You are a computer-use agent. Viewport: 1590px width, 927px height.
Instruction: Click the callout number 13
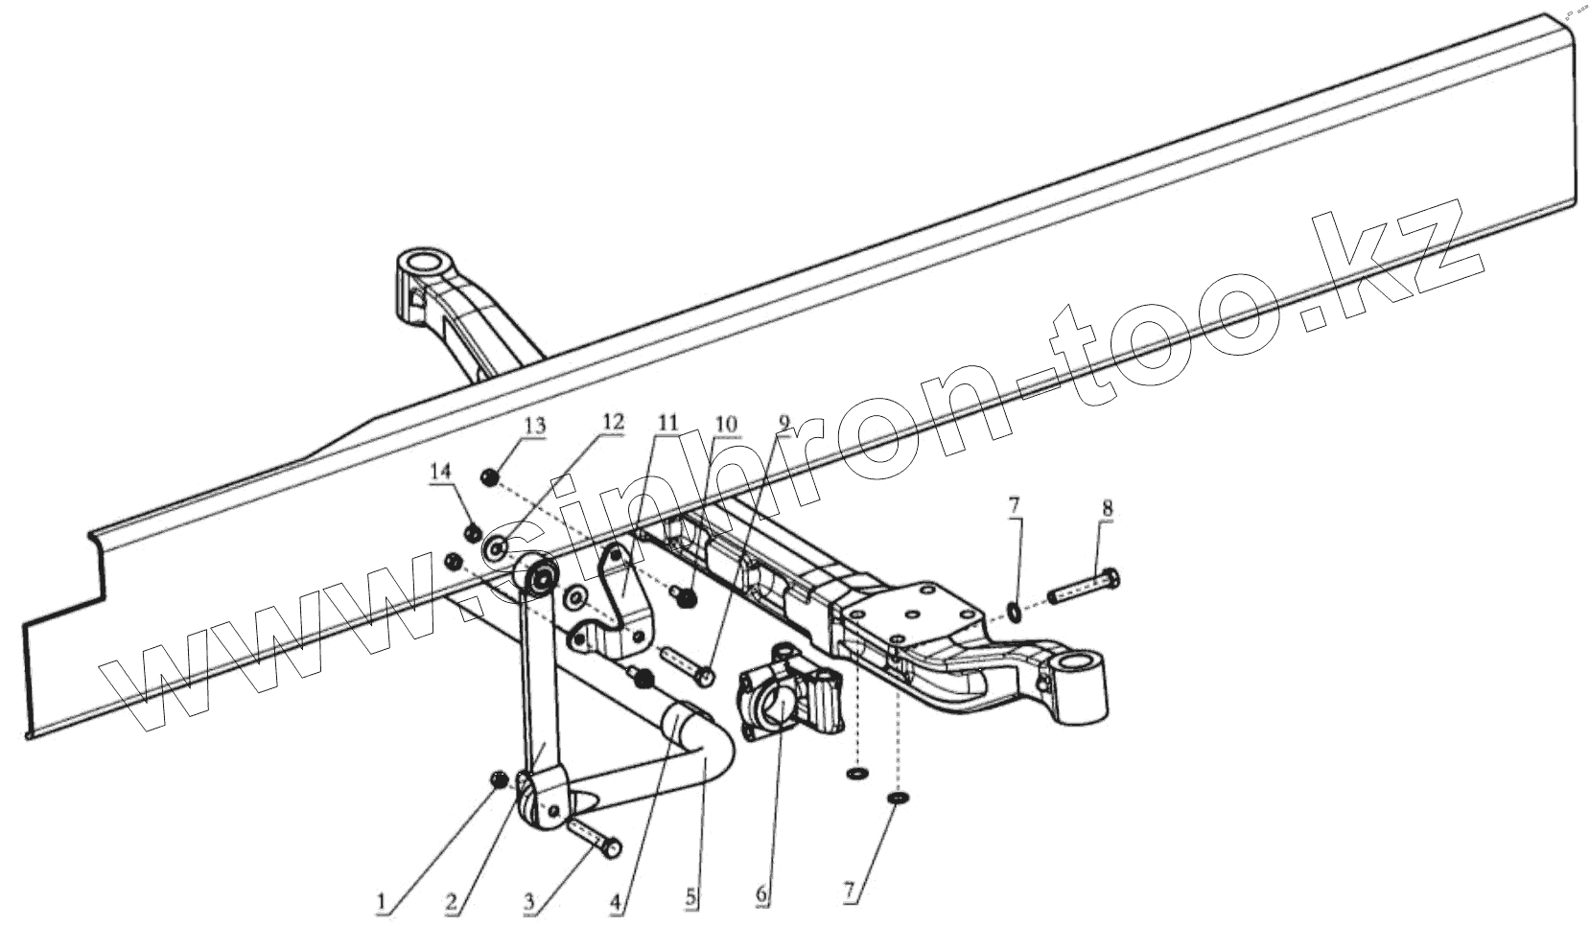click(534, 426)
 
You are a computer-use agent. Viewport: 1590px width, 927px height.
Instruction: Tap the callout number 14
click(440, 472)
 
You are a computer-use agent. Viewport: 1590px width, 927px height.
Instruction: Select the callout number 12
click(613, 422)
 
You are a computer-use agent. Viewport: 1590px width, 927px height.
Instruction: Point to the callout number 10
click(726, 423)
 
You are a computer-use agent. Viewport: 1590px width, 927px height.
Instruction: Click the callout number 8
click(1108, 510)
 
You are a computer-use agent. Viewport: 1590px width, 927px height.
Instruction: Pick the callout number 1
click(383, 901)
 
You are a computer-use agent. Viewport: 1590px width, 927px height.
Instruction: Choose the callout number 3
click(528, 901)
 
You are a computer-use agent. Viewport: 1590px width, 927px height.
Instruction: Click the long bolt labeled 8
click(1083, 587)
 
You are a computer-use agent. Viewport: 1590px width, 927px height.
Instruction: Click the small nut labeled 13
click(488, 476)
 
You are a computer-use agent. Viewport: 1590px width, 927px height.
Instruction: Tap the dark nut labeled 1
click(499, 781)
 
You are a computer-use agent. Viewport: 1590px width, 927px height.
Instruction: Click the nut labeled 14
click(471, 533)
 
